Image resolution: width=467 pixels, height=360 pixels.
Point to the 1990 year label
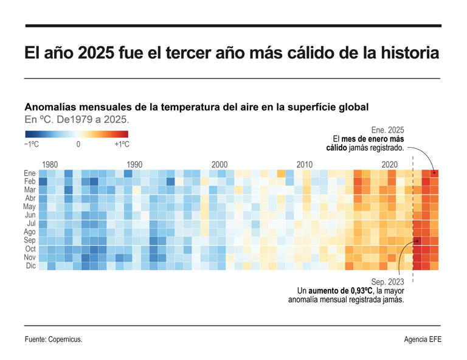point(134,165)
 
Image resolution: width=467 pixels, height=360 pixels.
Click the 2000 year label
point(220,165)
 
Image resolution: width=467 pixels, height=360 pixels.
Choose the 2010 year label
point(304,165)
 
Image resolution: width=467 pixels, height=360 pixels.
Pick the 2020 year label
point(389,165)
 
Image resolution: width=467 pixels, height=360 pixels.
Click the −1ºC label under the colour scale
point(33,145)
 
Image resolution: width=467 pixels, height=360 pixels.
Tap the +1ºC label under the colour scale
point(122,145)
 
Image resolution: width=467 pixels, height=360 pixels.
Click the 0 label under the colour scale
point(78,145)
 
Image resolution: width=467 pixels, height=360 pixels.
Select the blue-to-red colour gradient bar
point(77,134)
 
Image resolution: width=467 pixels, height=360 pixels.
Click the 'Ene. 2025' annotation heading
point(387,130)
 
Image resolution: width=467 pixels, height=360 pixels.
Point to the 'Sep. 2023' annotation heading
point(388,281)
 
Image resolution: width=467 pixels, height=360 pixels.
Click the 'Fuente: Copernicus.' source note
point(54,339)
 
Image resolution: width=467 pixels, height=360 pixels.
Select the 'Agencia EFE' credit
point(422,339)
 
